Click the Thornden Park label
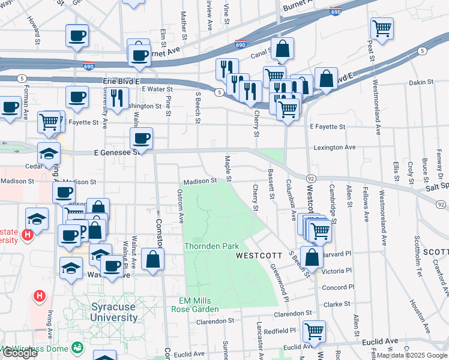tap(211, 246)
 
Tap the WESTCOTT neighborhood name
tap(259, 255)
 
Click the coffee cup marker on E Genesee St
tap(141, 139)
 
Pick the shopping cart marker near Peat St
tap(382, 28)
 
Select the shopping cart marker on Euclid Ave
tap(314, 331)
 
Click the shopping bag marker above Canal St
tap(282, 49)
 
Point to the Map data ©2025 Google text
tap(411, 355)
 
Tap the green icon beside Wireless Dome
tap(76, 347)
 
